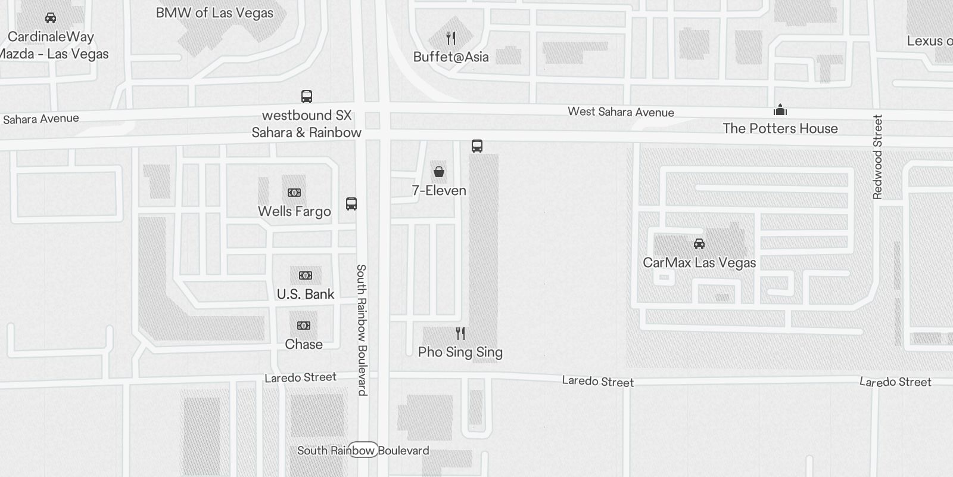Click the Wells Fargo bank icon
point(294,193)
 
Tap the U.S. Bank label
point(306,294)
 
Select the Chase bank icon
point(304,326)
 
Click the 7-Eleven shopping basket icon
point(439,172)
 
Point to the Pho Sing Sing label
point(460,352)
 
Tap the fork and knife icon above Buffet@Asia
point(451,39)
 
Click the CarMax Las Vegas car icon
point(699,244)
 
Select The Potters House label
point(780,129)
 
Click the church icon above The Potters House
point(780,110)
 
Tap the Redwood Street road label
point(877,157)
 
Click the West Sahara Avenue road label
point(621,112)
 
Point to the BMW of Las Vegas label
point(214,13)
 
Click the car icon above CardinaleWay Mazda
point(51,18)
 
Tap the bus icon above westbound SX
point(307,97)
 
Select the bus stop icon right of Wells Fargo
point(351,204)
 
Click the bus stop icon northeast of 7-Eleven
point(477,146)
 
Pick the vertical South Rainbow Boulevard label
point(362,330)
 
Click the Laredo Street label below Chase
point(300,377)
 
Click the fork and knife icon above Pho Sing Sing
point(460,333)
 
